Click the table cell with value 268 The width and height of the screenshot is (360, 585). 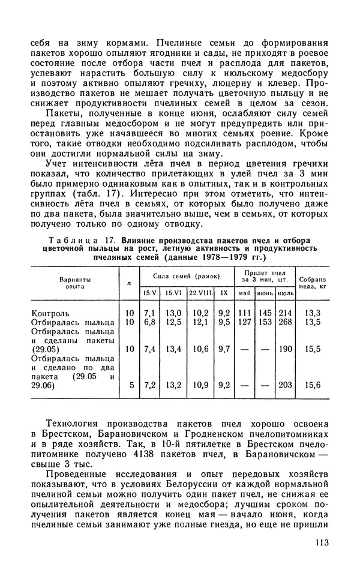[x=284, y=322]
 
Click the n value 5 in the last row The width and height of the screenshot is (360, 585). [x=131, y=385]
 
